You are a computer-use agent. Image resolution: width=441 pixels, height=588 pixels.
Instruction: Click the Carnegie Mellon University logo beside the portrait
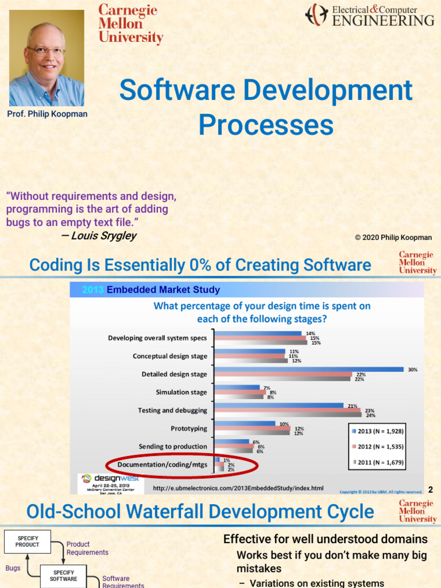pyautogui.click(x=130, y=24)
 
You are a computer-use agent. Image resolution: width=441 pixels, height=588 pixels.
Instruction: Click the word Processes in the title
pyautogui.click(x=265, y=125)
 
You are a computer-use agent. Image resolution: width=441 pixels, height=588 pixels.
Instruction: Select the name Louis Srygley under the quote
pyautogui.click(x=104, y=235)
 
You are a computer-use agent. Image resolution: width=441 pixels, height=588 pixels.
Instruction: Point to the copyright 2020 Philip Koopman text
pyautogui.click(x=393, y=237)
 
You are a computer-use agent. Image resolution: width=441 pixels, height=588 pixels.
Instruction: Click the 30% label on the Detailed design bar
pyautogui.click(x=412, y=370)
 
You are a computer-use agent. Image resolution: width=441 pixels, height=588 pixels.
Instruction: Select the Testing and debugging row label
pyautogui.click(x=172, y=411)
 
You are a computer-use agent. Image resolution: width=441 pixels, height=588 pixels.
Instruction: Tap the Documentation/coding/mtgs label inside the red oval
pyautogui.click(x=163, y=465)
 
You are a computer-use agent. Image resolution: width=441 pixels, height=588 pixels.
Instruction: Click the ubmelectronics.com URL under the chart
pyautogui.click(x=238, y=488)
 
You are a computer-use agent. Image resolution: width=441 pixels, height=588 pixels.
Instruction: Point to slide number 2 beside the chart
pyautogui.click(x=431, y=490)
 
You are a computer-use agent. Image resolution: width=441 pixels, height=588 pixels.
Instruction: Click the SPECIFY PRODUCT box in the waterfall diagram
pyautogui.click(x=28, y=541)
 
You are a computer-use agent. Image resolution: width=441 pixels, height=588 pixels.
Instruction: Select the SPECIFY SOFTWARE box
pyautogui.click(x=63, y=576)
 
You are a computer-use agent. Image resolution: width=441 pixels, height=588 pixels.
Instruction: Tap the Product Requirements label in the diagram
pyautogui.click(x=87, y=548)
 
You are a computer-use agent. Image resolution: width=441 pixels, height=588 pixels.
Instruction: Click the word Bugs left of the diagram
pyautogui.click(x=13, y=568)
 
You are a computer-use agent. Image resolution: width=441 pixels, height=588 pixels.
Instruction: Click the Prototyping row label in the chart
pyautogui.click(x=188, y=428)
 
